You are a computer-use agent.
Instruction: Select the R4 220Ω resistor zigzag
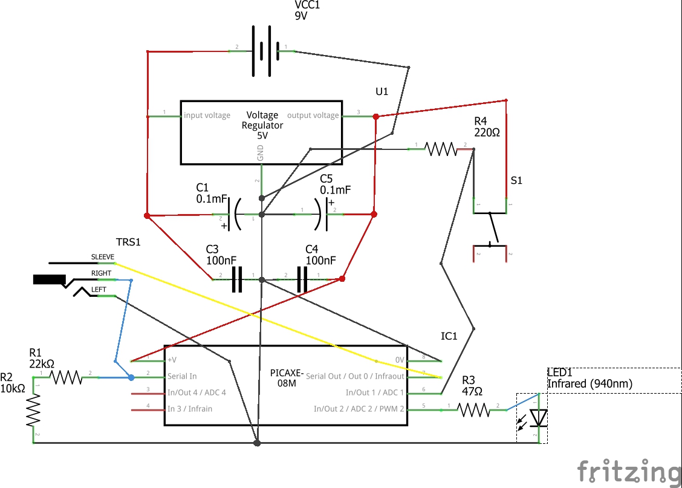(440, 148)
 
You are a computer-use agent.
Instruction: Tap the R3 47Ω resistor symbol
(473, 410)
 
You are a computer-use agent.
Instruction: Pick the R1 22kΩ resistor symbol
(66, 377)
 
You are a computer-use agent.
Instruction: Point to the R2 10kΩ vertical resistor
(33, 409)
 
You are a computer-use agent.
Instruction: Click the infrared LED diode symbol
(537, 418)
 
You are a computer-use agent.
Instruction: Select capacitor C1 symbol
(236, 215)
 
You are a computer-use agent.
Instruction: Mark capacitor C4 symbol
(302, 279)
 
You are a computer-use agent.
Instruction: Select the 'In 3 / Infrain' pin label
(190, 409)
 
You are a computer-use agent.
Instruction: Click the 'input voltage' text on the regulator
(207, 115)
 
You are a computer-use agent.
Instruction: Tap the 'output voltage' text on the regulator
(313, 115)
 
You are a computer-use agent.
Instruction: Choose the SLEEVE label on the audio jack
(102, 257)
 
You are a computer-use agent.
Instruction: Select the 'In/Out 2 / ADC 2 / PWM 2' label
(359, 409)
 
